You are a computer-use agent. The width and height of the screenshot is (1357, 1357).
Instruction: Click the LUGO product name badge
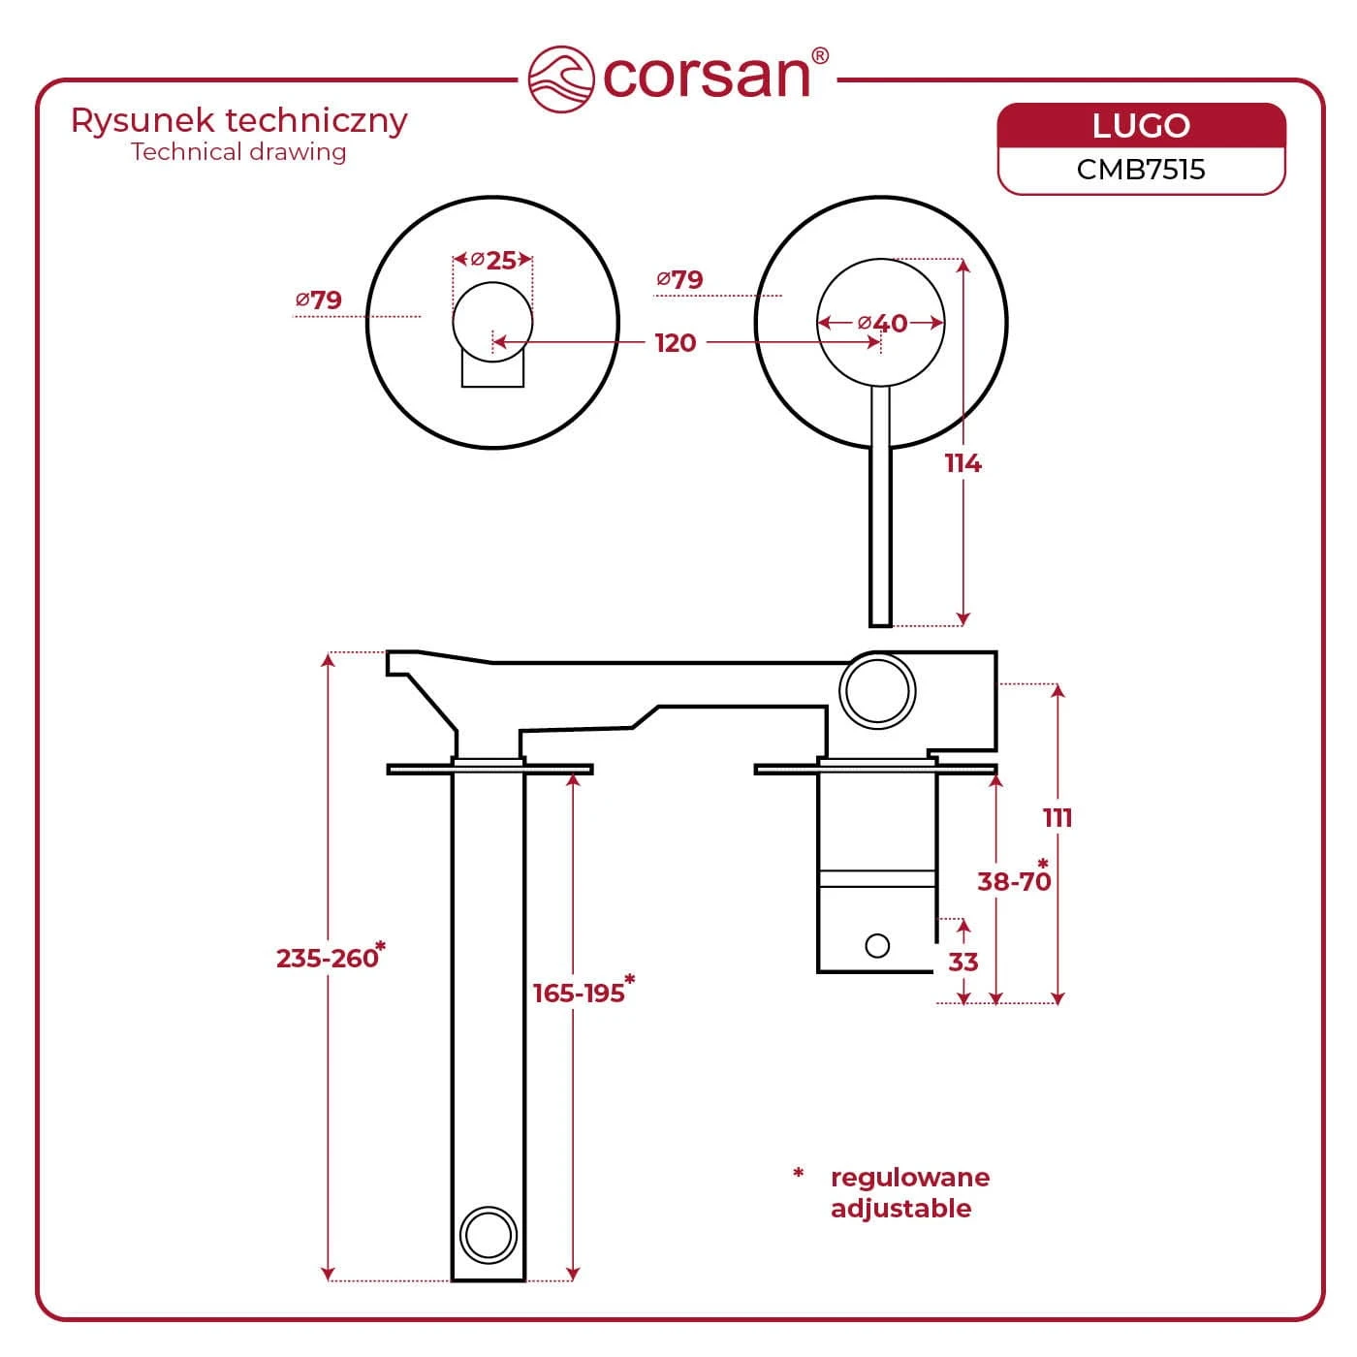tap(1141, 125)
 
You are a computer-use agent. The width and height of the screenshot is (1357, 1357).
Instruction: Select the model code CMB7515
tap(1141, 170)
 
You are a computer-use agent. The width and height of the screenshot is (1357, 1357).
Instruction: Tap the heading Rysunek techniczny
tap(238, 121)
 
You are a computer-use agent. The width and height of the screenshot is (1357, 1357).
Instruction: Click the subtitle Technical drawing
tap(238, 152)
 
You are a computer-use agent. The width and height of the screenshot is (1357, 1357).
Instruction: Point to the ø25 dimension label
tap(493, 261)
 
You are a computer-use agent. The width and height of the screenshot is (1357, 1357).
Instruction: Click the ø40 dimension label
tap(882, 323)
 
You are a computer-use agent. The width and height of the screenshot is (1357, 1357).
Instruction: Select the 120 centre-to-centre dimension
tap(676, 343)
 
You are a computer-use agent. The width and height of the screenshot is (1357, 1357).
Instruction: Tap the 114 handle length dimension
tap(963, 463)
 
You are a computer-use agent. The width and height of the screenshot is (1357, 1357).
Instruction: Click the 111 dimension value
tap(1057, 817)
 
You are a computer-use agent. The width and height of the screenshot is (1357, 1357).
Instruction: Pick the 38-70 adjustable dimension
tap(1014, 881)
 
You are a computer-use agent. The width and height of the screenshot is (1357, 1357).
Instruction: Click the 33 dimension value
tap(963, 962)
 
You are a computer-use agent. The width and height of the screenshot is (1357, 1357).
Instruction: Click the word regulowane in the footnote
tap(910, 1178)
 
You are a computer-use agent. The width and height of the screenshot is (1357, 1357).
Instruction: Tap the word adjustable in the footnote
tap(900, 1209)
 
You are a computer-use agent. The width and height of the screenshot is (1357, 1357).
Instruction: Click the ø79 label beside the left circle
tap(318, 300)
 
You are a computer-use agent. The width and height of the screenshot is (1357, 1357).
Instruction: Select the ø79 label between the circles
tap(679, 279)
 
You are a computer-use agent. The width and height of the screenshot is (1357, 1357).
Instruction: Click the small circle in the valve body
tap(877, 945)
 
